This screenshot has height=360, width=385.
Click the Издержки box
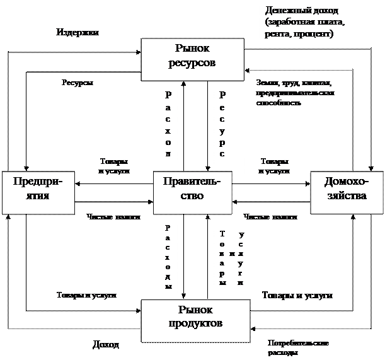click(89, 32)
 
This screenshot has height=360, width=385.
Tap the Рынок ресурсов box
click(192, 56)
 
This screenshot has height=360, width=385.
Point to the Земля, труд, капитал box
click(298, 93)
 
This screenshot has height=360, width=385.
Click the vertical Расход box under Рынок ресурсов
click(168, 123)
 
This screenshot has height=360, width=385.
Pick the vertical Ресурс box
click(222, 124)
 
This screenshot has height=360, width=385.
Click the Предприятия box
click(37, 189)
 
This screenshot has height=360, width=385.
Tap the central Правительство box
click(192, 189)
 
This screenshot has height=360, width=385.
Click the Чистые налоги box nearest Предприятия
click(114, 218)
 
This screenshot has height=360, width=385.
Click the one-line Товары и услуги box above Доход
click(89, 295)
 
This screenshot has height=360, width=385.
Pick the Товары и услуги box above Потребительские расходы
click(294, 295)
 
